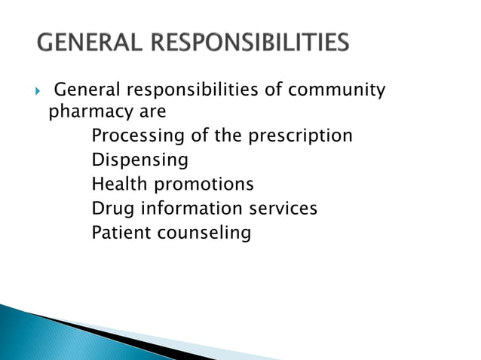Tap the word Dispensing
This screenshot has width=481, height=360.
(139, 161)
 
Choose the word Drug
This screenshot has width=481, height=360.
(112, 209)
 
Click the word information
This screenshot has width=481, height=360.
(191, 209)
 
